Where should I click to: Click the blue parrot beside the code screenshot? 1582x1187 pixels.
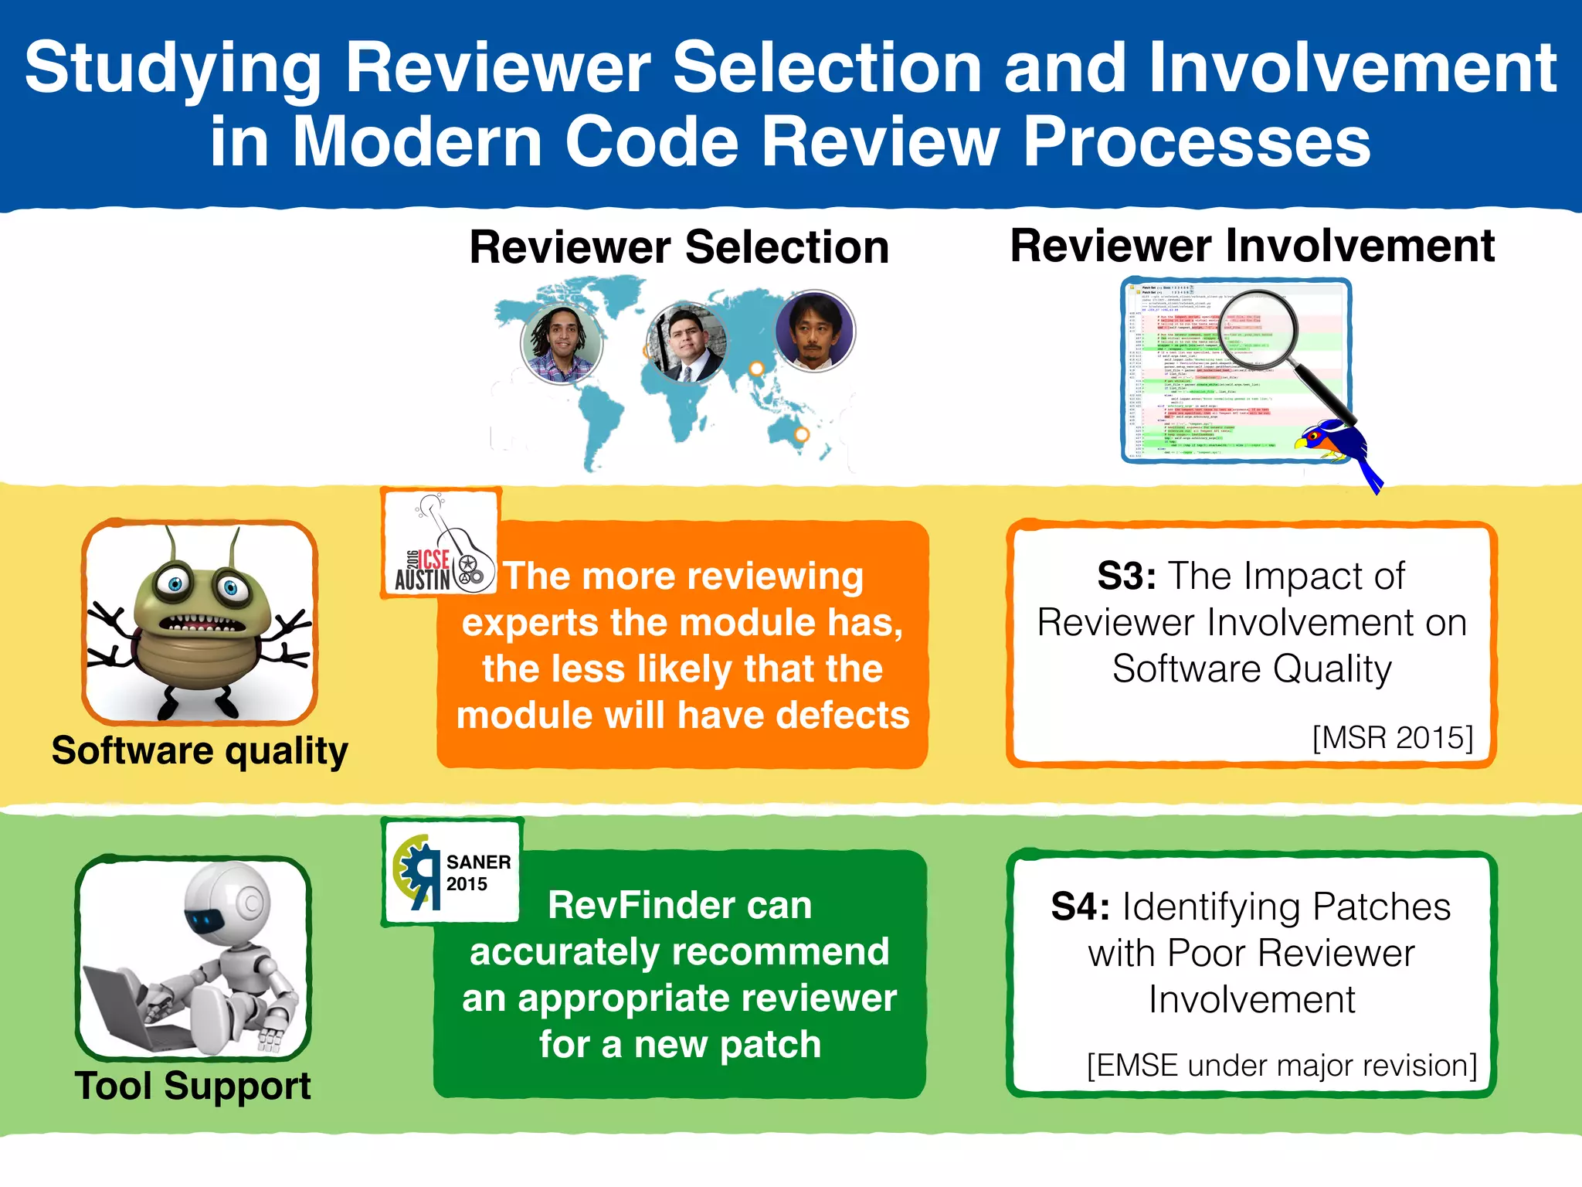(1340, 449)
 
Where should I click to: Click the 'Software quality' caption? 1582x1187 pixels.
(199, 751)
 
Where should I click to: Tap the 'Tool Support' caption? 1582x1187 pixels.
(192, 1086)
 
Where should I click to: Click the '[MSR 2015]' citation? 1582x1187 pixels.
(1393, 737)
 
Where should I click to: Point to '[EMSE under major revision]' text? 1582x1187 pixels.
(1282, 1065)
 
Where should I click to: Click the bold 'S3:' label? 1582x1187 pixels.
(1126, 576)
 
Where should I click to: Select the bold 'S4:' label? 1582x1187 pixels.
(1080, 907)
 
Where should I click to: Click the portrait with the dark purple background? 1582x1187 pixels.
(814, 332)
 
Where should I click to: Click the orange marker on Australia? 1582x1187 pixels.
(802, 434)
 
